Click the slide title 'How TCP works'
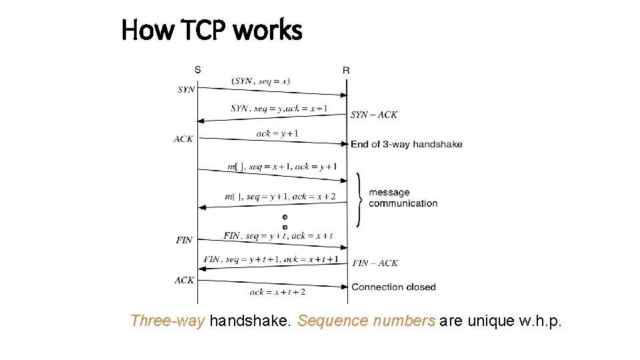tap(212, 30)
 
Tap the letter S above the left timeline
tap(197, 69)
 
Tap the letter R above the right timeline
tap(346, 70)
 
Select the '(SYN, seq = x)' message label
tap(261, 81)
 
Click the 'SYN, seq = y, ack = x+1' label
tap(279, 108)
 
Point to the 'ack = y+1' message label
tap(277, 133)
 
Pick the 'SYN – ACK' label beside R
tap(374, 115)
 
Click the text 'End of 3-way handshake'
tap(406, 144)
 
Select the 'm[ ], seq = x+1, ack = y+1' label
tap(282, 166)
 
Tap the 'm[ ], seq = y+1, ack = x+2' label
tap(280, 196)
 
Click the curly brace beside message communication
tap(360, 199)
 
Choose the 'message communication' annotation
tap(403, 198)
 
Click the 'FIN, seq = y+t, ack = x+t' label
tap(278, 235)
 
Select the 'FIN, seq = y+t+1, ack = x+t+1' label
tap(271, 259)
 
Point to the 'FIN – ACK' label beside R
tap(375, 263)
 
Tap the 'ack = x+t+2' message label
tap(277, 291)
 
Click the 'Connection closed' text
tap(393, 287)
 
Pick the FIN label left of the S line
tap(184, 240)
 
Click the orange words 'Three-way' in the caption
tap(167, 321)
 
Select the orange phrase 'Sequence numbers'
tap(366, 321)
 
